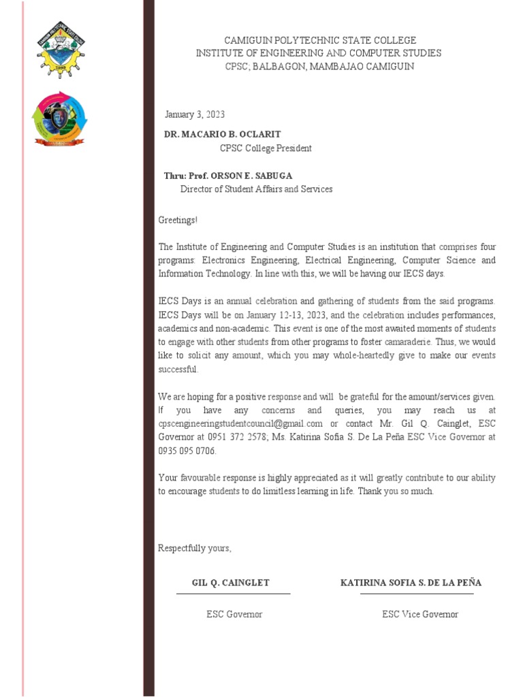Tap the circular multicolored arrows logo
pyautogui.click(x=60, y=118)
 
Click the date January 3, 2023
pyautogui.click(x=195, y=114)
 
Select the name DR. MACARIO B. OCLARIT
pyautogui.click(x=222, y=134)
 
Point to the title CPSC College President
pyautogui.click(x=266, y=148)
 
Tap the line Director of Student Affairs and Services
pyautogui.click(x=256, y=189)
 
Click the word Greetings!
pyautogui.click(x=178, y=220)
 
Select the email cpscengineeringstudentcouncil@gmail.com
pyautogui.click(x=240, y=423)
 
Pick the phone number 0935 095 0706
pyautogui.click(x=187, y=451)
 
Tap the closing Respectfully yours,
pyautogui.click(x=195, y=548)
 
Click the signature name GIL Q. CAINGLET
pyautogui.click(x=231, y=583)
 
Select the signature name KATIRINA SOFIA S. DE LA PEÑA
pyautogui.click(x=411, y=583)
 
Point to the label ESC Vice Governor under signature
pyautogui.click(x=420, y=614)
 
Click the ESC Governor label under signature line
pyautogui.click(x=234, y=614)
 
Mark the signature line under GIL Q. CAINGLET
pyautogui.click(x=233, y=594)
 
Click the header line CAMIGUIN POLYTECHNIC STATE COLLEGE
pyautogui.click(x=319, y=40)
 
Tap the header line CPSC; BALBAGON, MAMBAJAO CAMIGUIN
pyautogui.click(x=319, y=66)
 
